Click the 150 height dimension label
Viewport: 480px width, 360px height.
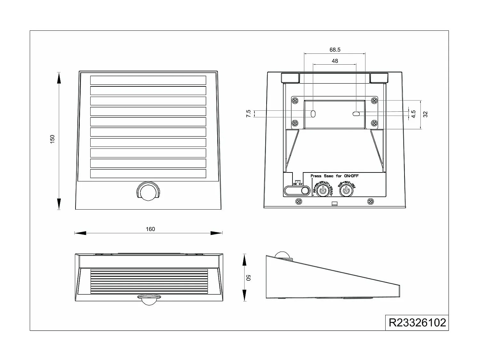[x=52, y=139]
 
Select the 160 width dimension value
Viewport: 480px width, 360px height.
[x=150, y=229]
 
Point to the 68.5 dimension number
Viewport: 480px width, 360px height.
[x=335, y=50]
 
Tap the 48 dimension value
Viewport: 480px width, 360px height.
[x=335, y=61]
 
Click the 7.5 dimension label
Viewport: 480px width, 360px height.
[x=249, y=114]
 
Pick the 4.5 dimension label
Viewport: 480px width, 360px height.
[x=413, y=114]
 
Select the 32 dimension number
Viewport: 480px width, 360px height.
[x=425, y=114]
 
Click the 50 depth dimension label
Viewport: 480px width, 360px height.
[x=249, y=277]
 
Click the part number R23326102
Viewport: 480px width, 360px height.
[x=417, y=322]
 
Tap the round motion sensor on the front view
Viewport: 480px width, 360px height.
[x=148, y=191]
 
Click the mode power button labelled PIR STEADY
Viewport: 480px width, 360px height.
[x=323, y=191]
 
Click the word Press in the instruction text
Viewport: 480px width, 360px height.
[x=316, y=176]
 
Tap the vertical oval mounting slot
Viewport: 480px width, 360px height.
[x=313, y=113]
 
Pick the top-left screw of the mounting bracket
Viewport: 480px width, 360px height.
[x=295, y=101]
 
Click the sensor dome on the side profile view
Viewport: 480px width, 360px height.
[x=283, y=255]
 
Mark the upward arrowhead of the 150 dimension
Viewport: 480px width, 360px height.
[x=59, y=78]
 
